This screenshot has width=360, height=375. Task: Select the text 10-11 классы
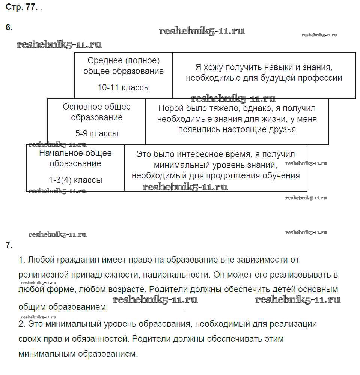[x=124, y=88]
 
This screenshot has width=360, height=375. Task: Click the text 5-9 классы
[x=96, y=133]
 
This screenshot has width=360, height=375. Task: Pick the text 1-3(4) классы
[x=75, y=180]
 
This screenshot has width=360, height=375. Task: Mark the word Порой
[x=169, y=108]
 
